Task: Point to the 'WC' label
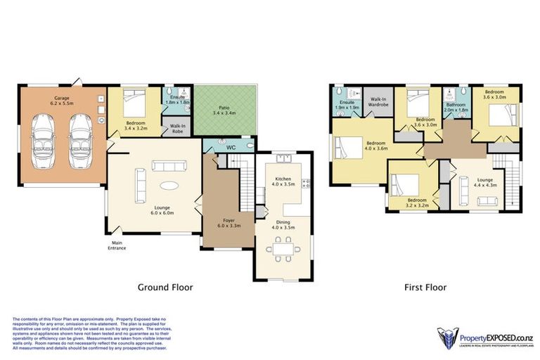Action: [x=230, y=148]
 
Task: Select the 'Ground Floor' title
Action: [x=165, y=288]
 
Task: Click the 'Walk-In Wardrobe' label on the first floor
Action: [x=378, y=105]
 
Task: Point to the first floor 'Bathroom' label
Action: [x=456, y=105]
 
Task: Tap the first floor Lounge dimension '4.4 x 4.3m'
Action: [x=485, y=186]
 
